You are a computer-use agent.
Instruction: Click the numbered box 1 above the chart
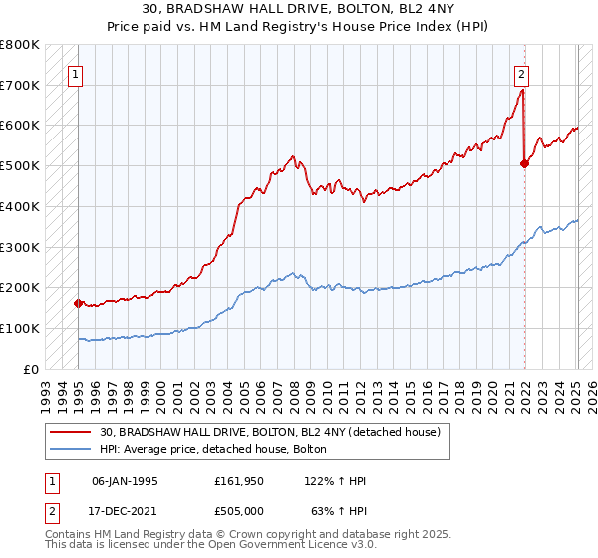coord(74,73)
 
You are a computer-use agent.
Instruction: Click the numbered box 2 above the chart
coord(521,73)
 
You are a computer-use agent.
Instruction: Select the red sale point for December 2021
coord(525,164)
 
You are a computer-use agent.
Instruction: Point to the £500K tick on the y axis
coord(21,165)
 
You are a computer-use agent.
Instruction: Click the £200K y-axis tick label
coord(21,287)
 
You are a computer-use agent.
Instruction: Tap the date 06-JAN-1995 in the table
coord(125,481)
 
